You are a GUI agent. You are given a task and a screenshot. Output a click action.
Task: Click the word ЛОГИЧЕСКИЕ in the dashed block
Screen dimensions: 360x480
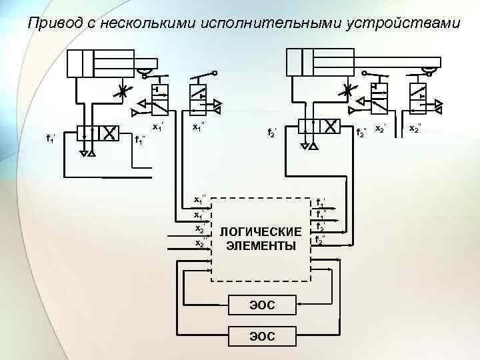point(261,231)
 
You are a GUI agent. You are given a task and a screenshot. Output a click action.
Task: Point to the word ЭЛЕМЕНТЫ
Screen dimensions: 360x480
point(261,246)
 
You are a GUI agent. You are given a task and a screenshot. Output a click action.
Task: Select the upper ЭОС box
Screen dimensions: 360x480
point(262,305)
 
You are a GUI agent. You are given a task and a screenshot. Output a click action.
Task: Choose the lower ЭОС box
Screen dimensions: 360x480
point(262,335)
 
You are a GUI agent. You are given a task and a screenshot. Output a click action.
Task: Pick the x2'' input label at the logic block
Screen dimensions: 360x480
point(199,242)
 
